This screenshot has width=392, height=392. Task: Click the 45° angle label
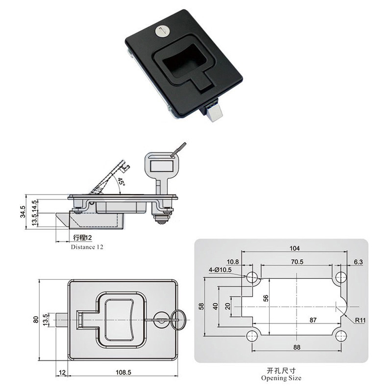pos(121,183)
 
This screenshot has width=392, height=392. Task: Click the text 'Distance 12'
pos(87,247)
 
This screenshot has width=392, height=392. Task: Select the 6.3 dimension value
pos(358,262)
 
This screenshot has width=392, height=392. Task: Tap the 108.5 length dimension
pos(122,372)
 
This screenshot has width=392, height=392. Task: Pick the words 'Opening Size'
pos(281,378)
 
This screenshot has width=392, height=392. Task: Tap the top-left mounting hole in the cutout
pos(252,278)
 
